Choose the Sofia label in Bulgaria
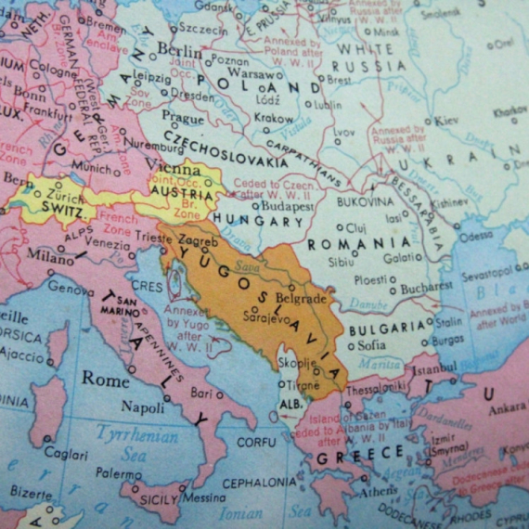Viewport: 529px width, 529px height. (x=371, y=345)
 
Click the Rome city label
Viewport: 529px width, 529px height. (x=106, y=378)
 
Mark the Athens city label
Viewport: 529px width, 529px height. (x=380, y=490)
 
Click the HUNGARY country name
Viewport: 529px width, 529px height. (x=259, y=222)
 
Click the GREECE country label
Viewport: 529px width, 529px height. (x=360, y=455)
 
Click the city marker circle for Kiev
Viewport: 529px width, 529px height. (x=428, y=122)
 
